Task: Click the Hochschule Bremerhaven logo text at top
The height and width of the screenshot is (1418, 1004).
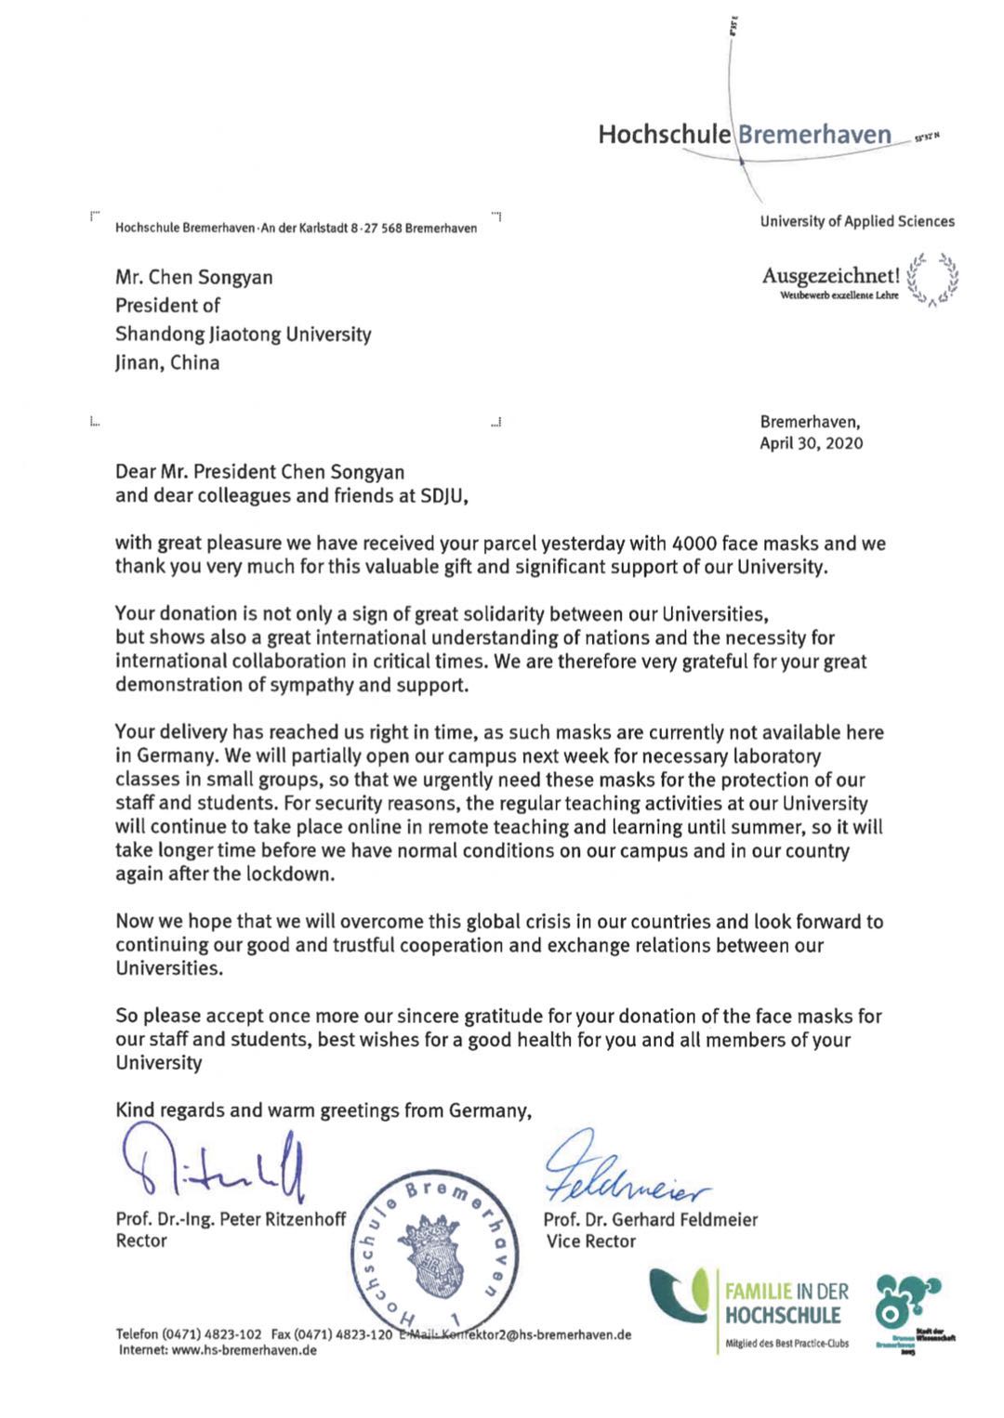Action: pos(744,135)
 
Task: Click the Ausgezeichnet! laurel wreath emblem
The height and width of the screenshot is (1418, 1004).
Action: pos(932,278)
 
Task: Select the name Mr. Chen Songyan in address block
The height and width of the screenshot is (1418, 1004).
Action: pos(193,277)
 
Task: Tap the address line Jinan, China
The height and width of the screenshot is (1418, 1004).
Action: pos(167,362)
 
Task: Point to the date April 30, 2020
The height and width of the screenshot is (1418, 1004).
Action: pos(811,443)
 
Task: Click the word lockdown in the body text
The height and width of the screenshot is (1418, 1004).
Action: pos(288,873)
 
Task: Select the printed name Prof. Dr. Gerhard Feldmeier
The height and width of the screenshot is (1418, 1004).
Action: pos(651,1219)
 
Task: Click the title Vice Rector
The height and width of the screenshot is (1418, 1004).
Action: pos(591,1241)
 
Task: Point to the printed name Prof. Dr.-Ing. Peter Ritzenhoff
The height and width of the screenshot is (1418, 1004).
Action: pos(231,1219)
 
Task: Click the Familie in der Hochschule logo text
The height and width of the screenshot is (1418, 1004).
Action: pos(786,1303)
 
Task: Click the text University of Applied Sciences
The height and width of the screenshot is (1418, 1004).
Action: pos(857,221)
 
